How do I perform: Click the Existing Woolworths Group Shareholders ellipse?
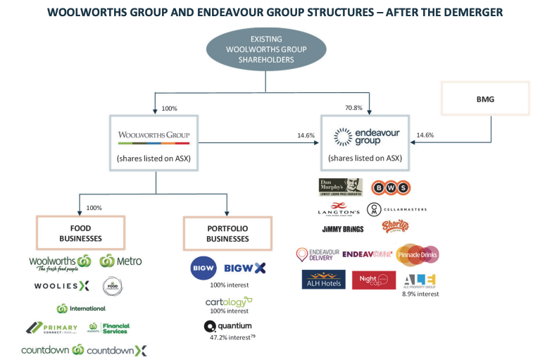pos(265,50)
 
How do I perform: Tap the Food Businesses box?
pos(80,233)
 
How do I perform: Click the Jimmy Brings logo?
pos(344,229)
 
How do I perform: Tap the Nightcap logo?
pos(374,280)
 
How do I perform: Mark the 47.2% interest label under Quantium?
pos(229,338)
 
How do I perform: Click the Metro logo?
pos(120,261)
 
